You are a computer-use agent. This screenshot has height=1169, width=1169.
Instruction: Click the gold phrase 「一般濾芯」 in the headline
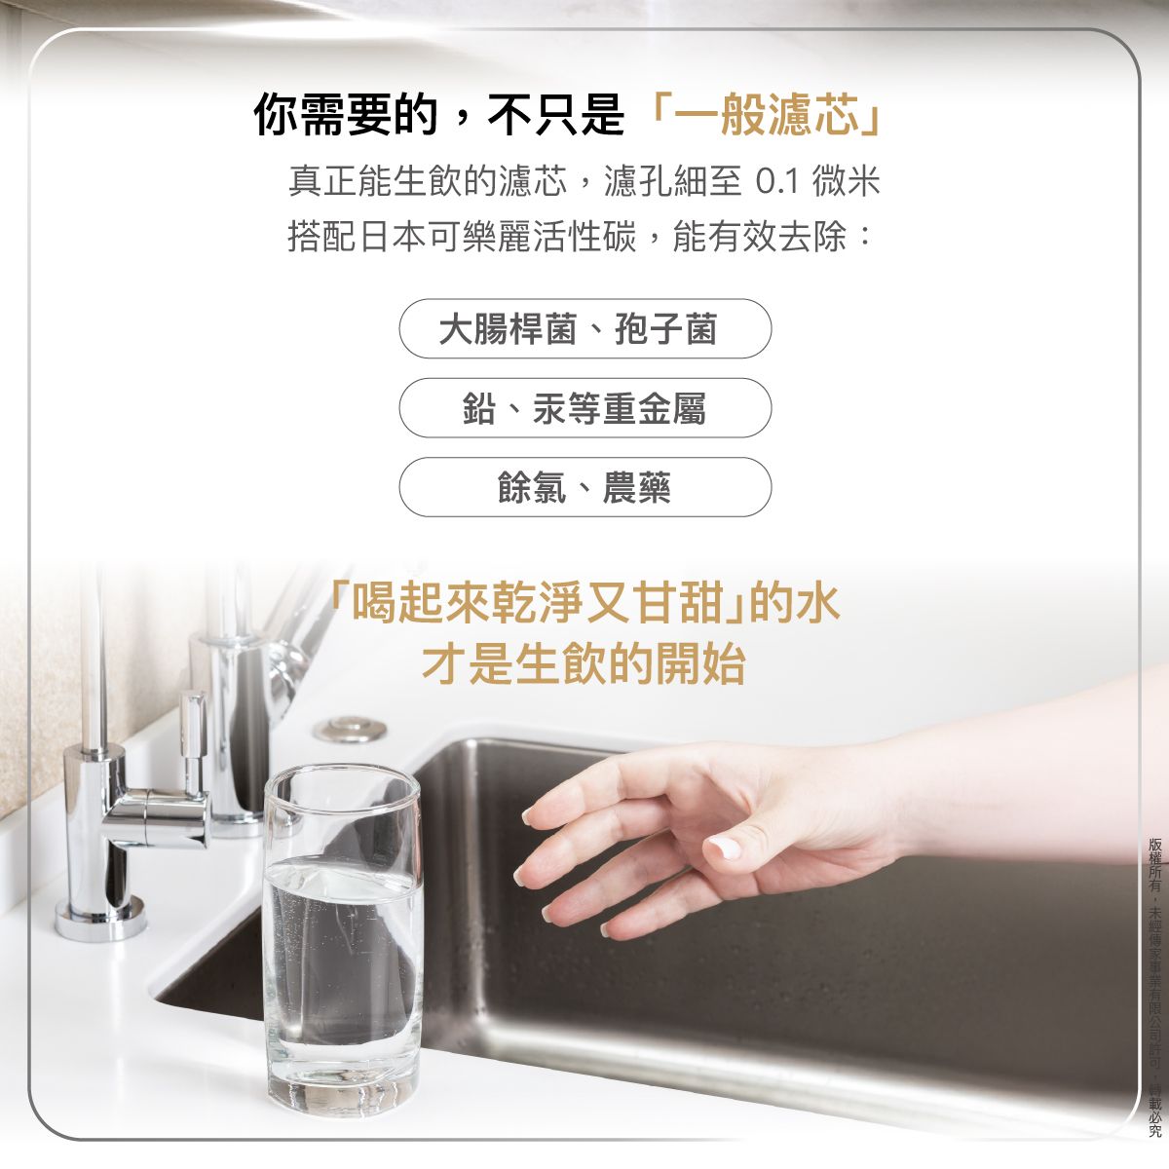pos(766,116)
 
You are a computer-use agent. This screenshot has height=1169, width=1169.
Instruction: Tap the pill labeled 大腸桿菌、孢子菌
pos(584,329)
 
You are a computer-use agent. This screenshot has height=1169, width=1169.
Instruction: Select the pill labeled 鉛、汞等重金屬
pos(584,408)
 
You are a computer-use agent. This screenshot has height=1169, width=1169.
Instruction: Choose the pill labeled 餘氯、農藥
pos(584,487)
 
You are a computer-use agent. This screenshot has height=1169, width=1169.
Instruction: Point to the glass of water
pos(343,935)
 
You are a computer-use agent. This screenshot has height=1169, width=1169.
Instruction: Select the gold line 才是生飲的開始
pos(584,664)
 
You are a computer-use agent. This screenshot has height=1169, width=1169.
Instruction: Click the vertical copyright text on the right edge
pos(1155,984)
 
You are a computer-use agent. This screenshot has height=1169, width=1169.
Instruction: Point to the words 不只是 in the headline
pos(555,116)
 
